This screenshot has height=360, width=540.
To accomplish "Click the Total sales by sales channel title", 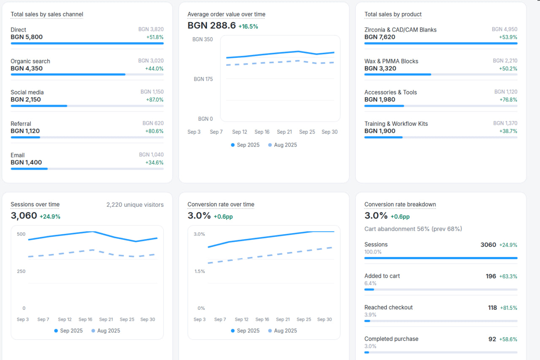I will coord(47,14).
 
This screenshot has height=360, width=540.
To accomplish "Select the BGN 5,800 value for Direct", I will coord(27,37).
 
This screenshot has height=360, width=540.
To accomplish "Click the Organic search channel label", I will coord(30,61).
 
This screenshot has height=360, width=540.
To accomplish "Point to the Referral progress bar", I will coord(87,137).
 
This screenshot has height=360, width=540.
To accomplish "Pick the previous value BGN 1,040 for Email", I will coord(151,155).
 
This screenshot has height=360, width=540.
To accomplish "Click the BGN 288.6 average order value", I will coord(212,25).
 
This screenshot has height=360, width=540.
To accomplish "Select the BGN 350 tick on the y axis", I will coord(202,39).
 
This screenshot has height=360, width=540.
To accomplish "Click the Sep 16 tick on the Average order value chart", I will coord(262,132).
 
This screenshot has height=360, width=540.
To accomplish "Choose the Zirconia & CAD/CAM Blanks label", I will coord(400,30).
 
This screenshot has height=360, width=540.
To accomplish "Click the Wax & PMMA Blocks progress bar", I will coord(440,74).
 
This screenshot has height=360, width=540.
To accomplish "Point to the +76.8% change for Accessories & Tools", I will coord(508,100).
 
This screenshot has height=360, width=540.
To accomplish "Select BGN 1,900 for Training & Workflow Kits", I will coord(380,131).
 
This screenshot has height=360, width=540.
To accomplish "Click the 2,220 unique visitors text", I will coord(135,205).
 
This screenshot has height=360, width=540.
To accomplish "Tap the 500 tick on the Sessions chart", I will coord(21,234).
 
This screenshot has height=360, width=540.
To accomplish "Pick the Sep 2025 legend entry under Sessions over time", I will coord(68,330).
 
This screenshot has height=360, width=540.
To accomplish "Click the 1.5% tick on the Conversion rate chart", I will coord(200,271).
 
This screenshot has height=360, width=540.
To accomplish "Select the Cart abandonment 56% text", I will coord(413,229).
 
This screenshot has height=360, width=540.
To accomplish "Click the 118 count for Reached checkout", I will coord(492,308).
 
